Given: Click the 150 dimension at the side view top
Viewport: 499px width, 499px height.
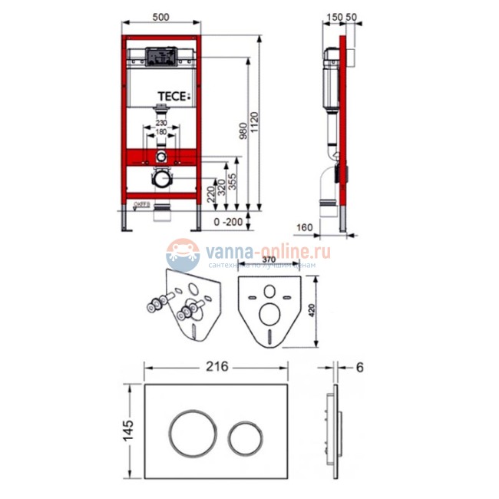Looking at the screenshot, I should pos(333,16).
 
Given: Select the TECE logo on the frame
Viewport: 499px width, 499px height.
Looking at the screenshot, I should pos(173,97).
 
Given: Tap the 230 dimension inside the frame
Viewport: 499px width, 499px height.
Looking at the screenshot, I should pos(161,122).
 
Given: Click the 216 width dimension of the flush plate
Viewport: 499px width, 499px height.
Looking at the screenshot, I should pos(217,366).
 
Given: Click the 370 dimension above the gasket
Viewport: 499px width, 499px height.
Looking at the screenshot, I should pos(269,261).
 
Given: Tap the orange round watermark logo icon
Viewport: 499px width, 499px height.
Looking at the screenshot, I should pos(183,255).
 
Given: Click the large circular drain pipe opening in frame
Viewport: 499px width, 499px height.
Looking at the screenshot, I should pos(161,180).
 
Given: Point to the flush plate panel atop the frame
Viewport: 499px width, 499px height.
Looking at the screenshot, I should pos(161,57).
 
